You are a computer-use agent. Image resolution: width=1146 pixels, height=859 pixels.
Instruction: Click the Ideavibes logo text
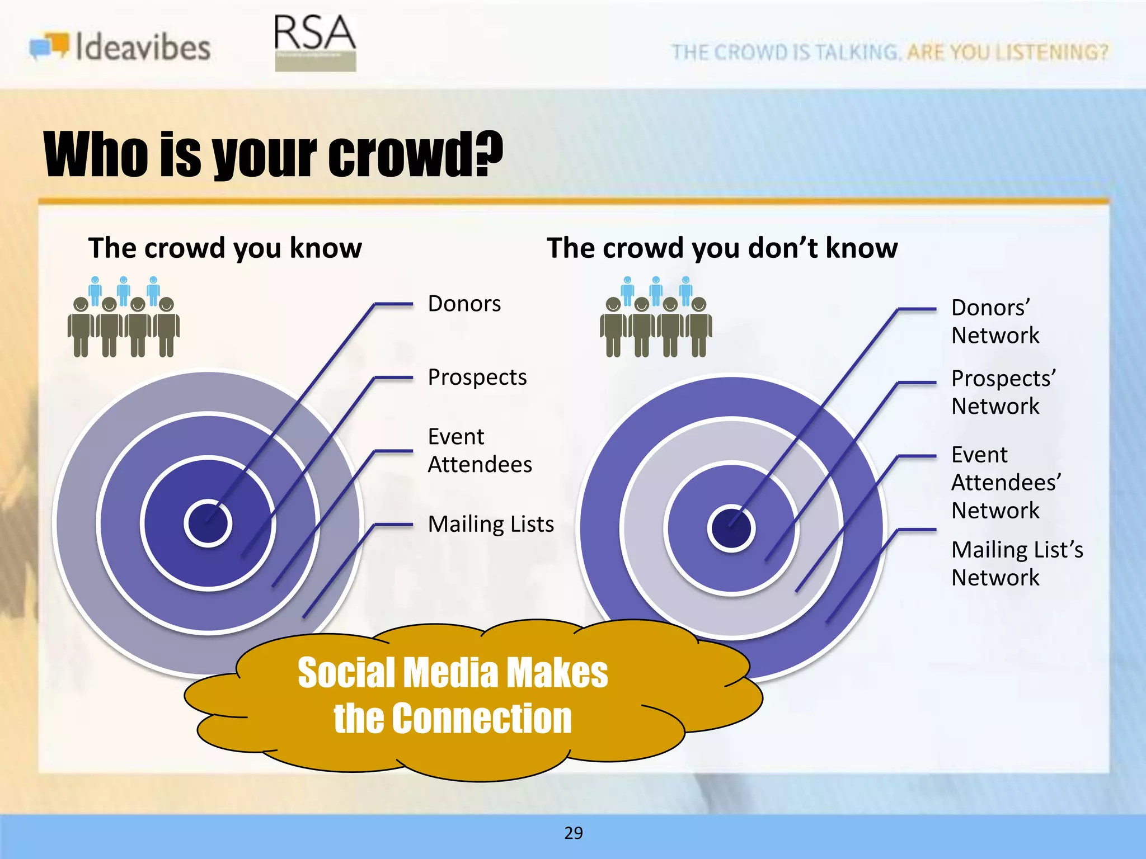143,47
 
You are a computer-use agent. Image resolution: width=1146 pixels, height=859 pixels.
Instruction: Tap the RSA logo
315,42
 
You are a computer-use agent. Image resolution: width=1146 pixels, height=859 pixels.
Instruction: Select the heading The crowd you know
225,248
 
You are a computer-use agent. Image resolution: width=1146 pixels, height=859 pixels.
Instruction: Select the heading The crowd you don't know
722,248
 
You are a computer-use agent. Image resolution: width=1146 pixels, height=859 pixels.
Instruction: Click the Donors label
464,304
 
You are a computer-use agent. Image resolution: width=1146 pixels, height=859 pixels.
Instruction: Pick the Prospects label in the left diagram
477,377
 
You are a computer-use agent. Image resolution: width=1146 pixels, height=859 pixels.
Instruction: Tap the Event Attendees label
479,450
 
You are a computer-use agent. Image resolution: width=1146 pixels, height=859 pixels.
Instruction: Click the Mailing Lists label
490,525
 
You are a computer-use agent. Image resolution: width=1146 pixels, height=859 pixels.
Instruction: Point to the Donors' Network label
995,322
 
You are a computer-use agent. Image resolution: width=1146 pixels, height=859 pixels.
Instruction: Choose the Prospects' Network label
1003,392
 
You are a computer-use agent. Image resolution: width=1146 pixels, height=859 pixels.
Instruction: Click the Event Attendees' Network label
1006,482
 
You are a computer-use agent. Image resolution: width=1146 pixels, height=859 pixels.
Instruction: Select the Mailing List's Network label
1017,563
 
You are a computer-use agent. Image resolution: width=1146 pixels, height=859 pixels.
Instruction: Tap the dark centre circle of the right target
731,528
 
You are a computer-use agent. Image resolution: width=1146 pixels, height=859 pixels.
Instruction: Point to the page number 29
573,833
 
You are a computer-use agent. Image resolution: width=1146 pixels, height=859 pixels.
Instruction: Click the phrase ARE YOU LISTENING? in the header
1007,52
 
